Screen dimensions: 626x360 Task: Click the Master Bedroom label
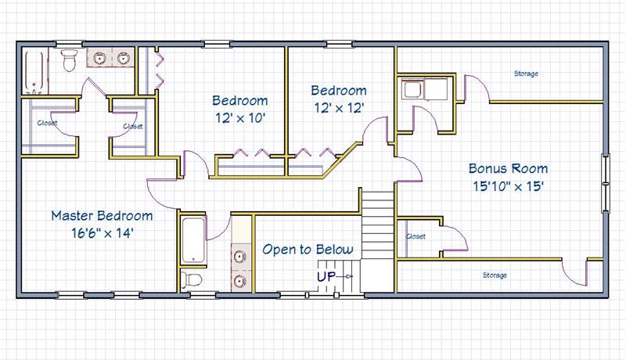click(102, 216)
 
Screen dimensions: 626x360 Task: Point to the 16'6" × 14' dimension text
click(103, 233)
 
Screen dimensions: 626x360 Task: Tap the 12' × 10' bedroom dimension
click(240, 117)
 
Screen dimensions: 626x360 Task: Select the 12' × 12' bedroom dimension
click(339, 108)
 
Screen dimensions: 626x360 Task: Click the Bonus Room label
click(508, 168)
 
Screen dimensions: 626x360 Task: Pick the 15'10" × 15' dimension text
click(508, 186)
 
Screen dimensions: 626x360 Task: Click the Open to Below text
click(308, 250)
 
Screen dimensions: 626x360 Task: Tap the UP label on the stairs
click(326, 276)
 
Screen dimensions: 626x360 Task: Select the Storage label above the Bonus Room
click(526, 74)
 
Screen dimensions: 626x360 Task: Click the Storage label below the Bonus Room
click(495, 275)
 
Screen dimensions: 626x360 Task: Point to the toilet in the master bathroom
click(70, 59)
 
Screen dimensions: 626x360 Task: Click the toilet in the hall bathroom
click(191, 279)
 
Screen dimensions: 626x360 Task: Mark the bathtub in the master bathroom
click(34, 71)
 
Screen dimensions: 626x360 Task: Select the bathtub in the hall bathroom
click(193, 240)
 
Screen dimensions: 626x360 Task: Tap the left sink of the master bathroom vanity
click(99, 58)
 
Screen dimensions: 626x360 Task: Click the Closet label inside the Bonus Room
click(416, 236)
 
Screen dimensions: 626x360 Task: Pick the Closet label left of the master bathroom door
click(48, 123)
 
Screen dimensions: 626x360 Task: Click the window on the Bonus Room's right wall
click(606, 183)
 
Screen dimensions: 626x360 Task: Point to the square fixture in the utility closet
click(412, 89)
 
